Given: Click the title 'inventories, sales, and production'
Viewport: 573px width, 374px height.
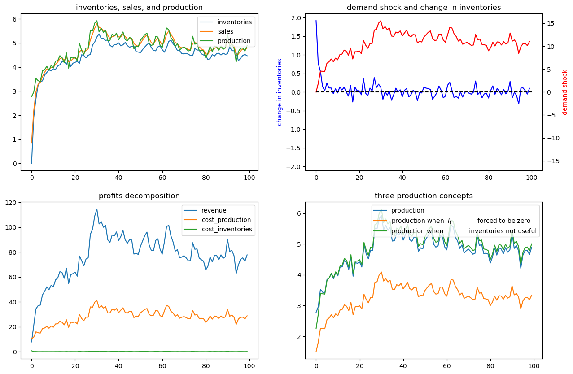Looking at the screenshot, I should (139, 7).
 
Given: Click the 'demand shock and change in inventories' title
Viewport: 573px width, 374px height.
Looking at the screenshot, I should (424, 7).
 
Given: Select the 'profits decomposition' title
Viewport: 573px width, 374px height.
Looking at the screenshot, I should (139, 196).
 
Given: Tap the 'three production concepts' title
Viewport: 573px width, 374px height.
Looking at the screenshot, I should (424, 196).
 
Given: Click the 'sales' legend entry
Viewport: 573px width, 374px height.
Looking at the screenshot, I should (225, 31).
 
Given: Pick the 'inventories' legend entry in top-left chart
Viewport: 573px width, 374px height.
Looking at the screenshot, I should (234, 22).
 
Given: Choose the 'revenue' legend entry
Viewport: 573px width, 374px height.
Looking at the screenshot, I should (214, 210).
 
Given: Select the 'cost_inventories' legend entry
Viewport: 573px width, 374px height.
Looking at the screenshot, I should (227, 229).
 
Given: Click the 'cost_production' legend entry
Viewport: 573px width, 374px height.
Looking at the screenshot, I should (226, 220).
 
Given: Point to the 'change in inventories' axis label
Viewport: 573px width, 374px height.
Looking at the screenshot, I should (280, 92).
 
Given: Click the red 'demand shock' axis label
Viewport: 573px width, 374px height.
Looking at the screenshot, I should (565, 92).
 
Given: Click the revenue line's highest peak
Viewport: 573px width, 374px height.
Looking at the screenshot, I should (96, 209).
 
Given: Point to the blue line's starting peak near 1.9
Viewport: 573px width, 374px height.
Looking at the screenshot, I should (316, 21).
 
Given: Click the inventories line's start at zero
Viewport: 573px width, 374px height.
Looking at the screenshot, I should (31, 163).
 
